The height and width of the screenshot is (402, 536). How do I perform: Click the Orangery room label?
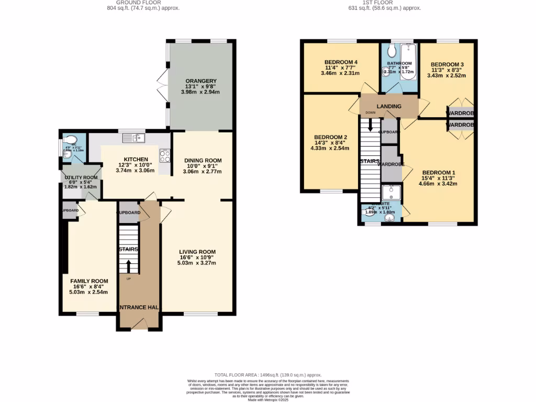pyautogui.click(x=201, y=81)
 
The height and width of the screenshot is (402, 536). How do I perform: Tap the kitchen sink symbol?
pyautogui.click(x=133, y=138)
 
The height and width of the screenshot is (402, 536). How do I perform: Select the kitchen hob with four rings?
pyautogui.click(x=164, y=155)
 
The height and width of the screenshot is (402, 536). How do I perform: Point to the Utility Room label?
pyautogui.click(x=80, y=177)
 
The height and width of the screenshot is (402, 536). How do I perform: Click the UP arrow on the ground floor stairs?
pyautogui.click(x=128, y=266)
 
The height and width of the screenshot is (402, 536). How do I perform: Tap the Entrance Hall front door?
pyautogui.click(x=139, y=326)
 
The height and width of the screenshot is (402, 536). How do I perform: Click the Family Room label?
pyautogui.click(x=90, y=281)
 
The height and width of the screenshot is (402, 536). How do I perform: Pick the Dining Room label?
pyautogui.click(x=204, y=161)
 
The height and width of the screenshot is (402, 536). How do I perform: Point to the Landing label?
pyautogui.click(x=389, y=106)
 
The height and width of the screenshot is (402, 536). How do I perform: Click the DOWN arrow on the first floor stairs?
pyautogui.click(x=370, y=125)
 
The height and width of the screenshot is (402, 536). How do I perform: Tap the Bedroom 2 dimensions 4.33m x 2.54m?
pyautogui.click(x=331, y=148)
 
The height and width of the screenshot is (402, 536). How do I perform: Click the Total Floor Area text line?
pyautogui.click(x=268, y=375)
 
